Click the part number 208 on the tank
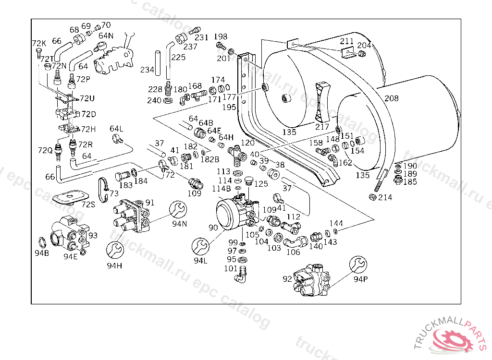tap(392, 98)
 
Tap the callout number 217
tap(322, 127)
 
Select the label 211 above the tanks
tap(347, 41)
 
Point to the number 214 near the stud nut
tap(385, 197)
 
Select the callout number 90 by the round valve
tap(213, 228)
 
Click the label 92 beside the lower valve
tap(287, 278)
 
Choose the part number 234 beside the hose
tap(147, 70)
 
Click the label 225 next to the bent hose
tap(178, 58)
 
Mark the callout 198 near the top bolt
tap(221, 36)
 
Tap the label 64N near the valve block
tap(106, 35)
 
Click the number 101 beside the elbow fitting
tap(231, 268)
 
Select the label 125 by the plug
tap(261, 184)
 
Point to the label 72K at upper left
tap(39, 44)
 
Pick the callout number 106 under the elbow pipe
tap(293, 252)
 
